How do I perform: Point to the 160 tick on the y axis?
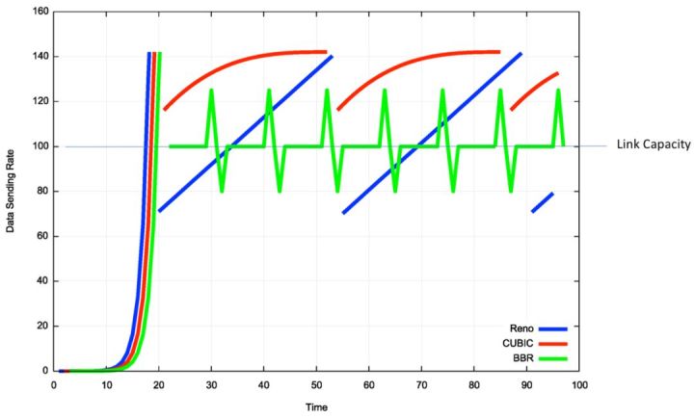point(40,13)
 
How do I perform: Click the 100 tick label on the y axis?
point(40,146)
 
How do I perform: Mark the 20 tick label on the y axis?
point(43,326)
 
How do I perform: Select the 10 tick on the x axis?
point(106,384)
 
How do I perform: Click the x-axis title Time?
point(316,406)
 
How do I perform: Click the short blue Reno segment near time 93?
point(543,202)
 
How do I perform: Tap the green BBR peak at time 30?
point(211,92)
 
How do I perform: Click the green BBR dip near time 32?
point(223,189)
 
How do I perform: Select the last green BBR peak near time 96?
point(558,92)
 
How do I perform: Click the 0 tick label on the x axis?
point(54,384)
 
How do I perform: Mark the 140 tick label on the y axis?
point(40,57)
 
